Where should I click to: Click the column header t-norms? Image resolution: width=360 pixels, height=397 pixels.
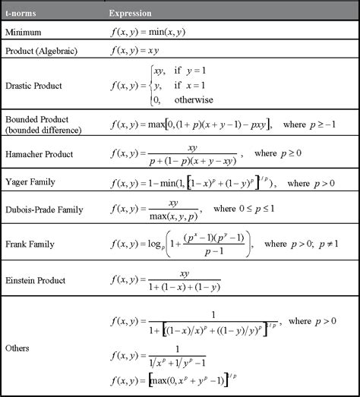(x=21, y=14)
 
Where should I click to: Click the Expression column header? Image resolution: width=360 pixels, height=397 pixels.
(x=130, y=14)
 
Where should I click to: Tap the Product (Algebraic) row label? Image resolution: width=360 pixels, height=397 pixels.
(x=43, y=51)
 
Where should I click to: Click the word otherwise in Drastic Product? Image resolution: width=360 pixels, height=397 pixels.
(x=194, y=100)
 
